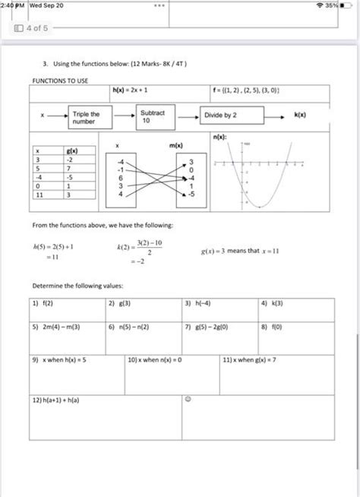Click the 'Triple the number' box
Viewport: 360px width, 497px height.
(90, 117)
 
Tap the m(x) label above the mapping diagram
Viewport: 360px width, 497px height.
(175, 144)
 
